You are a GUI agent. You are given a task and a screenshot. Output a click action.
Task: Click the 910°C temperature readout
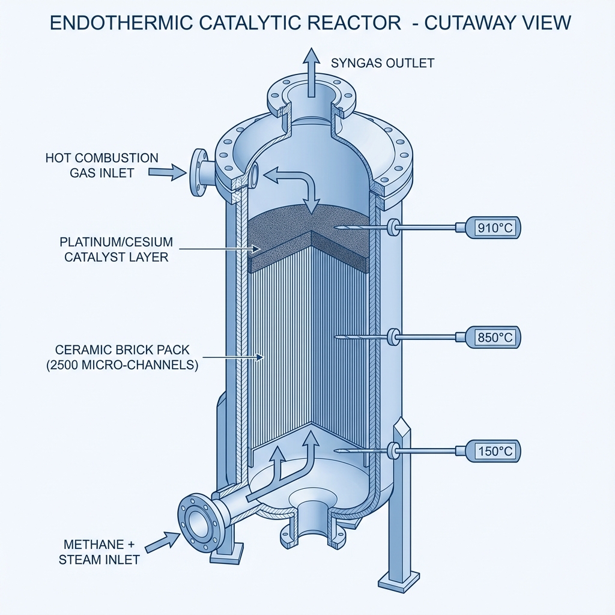click(494, 228)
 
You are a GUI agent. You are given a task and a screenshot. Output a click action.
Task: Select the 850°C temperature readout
click(494, 338)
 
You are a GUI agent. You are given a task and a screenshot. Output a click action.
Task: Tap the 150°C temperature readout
click(494, 451)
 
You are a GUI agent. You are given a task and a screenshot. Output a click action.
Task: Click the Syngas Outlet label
click(383, 63)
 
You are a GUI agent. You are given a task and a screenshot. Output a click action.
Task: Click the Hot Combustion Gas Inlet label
click(102, 165)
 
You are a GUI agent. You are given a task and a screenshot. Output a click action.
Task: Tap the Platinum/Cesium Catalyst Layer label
click(117, 250)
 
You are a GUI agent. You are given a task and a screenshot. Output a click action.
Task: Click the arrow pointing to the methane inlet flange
click(162, 540)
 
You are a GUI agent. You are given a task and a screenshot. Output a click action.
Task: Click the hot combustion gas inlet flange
click(198, 173)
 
